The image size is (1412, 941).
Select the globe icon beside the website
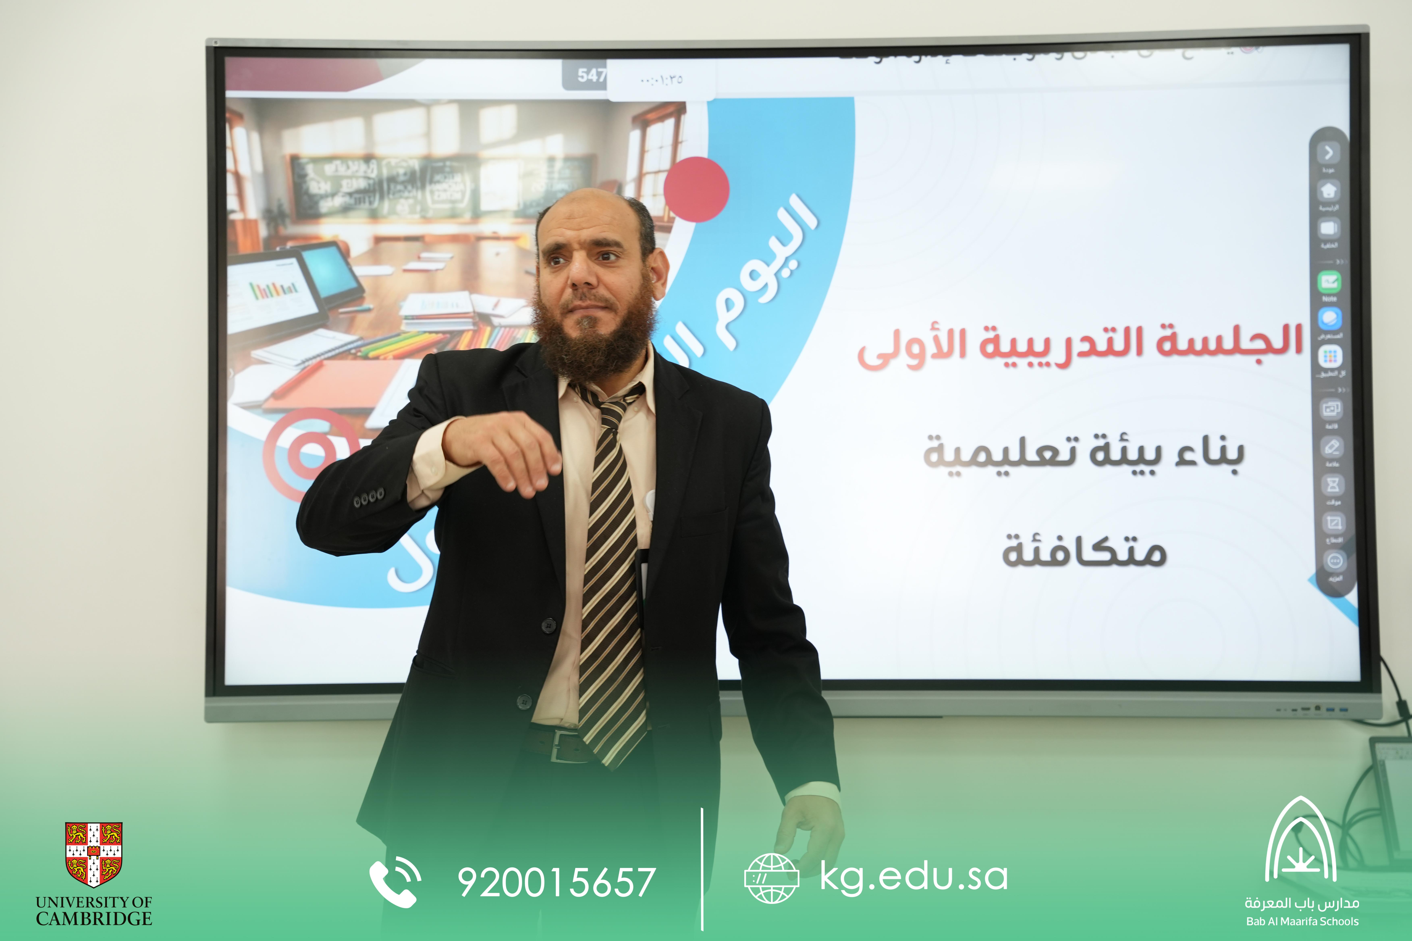[x=771, y=878]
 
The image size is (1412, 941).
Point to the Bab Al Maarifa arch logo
[x=1300, y=840]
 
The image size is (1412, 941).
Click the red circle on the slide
[x=696, y=189]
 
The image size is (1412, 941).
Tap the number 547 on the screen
[x=591, y=76]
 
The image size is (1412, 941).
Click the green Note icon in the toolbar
[x=1329, y=281]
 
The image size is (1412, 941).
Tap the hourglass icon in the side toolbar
[x=1333, y=484]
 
